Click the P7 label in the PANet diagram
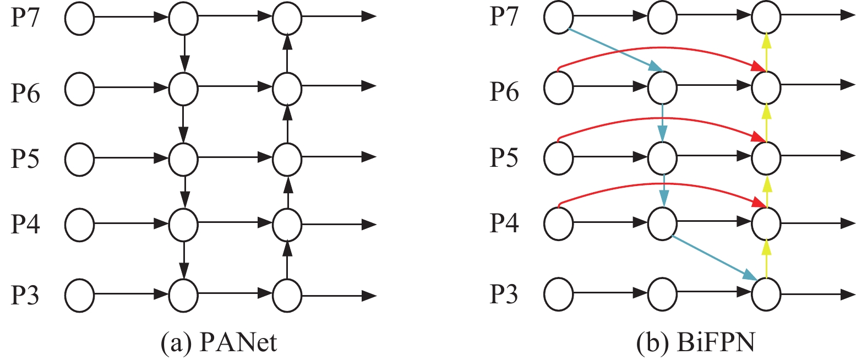coord(25,18)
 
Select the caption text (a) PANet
coord(219,342)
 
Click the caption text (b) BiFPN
coord(696,342)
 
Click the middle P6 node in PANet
coord(183,89)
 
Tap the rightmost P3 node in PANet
coord(287,295)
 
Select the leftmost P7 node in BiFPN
coord(559,18)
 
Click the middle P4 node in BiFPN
coord(662,223)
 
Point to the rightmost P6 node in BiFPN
coord(766,88)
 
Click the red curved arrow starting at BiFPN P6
coord(662,47)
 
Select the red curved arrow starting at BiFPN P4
coord(662,183)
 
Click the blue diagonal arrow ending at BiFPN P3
coord(715,258)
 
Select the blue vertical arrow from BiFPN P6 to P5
coord(663,123)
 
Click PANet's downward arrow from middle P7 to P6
coord(184,53)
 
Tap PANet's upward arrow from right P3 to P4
coord(287,260)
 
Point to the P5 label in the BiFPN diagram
coord(504,159)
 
